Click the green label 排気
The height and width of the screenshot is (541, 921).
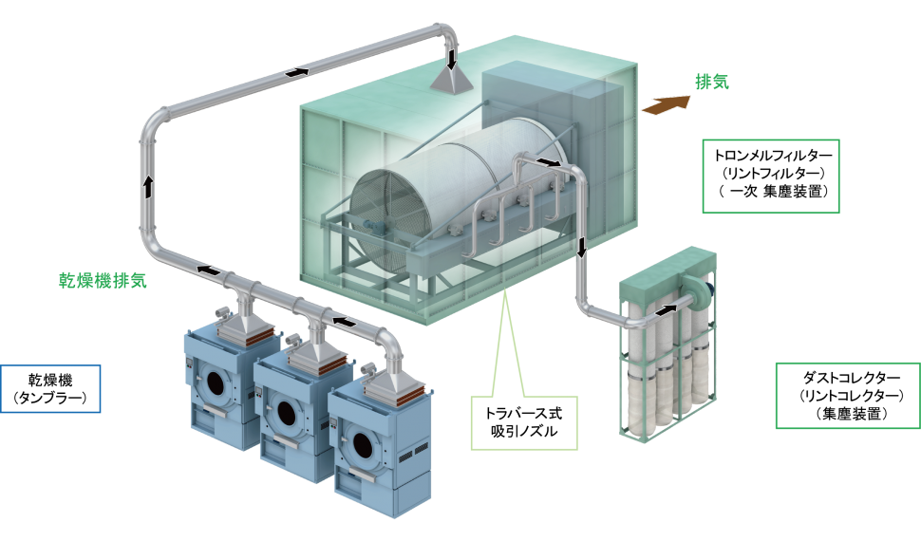[x=711, y=83]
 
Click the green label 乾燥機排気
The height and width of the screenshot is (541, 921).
[x=103, y=281]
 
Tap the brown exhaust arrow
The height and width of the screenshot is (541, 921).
[x=666, y=104]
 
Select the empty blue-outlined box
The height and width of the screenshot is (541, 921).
[x=50, y=389]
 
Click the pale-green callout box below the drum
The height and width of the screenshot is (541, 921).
[x=524, y=422]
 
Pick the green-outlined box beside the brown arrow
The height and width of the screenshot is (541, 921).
[x=770, y=176]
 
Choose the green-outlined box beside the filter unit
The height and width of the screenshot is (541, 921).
[x=847, y=395]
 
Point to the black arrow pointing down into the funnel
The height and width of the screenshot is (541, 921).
[x=453, y=59]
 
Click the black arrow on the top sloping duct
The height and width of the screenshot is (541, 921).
[x=297, y=71]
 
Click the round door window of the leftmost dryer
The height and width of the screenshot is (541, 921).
[x=218, y=382]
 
